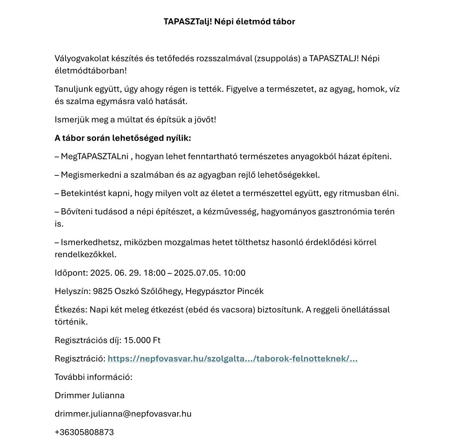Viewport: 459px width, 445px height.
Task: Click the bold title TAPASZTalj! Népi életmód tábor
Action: [229, 22]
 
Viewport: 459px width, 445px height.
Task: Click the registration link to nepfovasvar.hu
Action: [232, 359]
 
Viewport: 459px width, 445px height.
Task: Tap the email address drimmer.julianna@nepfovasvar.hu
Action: [123, 414]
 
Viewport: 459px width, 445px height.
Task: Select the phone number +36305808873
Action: [84, 432]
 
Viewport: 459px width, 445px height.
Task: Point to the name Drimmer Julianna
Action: [89, 396]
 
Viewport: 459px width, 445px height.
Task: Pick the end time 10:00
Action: [234, 273]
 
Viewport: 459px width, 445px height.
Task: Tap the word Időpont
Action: [71, 273]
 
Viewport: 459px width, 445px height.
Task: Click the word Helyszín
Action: [72, 291]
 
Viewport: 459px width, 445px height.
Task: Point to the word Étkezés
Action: [71, 310]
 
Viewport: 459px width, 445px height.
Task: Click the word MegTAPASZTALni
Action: [94, 157]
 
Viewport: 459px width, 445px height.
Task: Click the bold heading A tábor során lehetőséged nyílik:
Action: [123, 138]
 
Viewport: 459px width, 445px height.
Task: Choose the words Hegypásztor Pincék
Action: [224, 291]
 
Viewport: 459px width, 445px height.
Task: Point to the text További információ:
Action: [93, 377]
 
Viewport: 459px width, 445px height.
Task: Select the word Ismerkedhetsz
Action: [90, 243]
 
